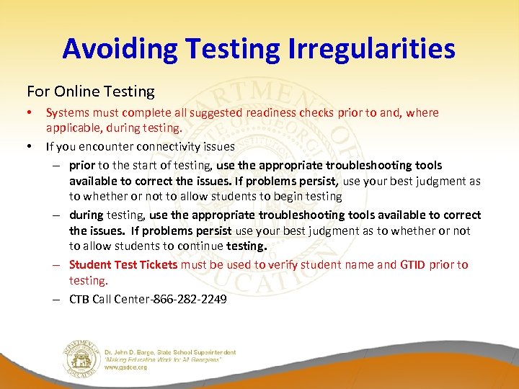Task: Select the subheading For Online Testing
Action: (91, 91)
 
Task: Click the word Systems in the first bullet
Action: (66, 113)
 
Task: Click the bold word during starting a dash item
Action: (86, 215)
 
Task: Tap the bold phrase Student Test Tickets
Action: (123, 264)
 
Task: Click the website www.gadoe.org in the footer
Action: (125, 367)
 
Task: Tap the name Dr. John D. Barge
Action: (133, 352)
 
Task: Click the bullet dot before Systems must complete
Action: (30, 113)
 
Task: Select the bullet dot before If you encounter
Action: (30, 146)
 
